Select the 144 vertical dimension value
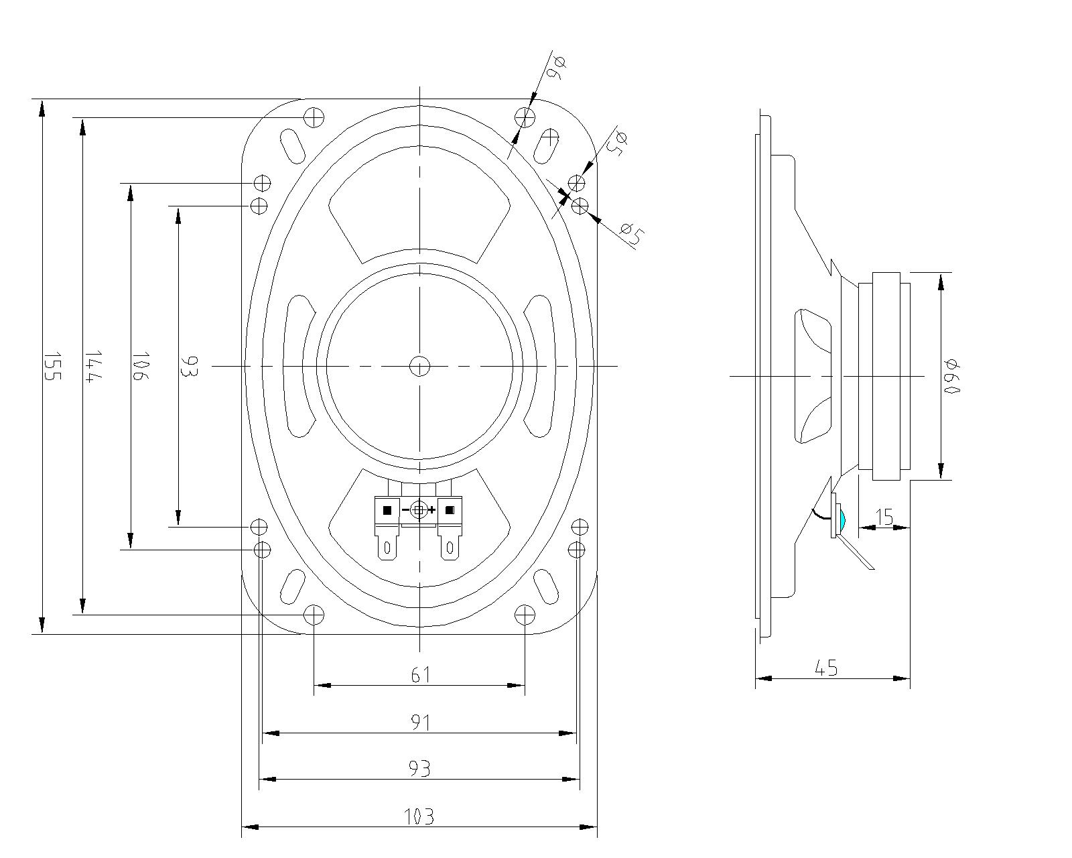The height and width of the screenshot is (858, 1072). pos(92,366)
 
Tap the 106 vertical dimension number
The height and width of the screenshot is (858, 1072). pos(139,366)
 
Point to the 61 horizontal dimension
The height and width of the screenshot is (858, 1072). pos(420,674)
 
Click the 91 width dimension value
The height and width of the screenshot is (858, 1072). pos(420,723)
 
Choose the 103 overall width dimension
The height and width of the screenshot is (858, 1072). pos(419,816)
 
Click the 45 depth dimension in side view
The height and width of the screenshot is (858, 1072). pos(826,668)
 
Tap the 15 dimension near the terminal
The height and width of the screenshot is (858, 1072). pos(884,517)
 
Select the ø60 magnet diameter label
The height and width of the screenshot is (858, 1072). pos(952,376)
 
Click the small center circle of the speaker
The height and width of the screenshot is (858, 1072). pos(419,366)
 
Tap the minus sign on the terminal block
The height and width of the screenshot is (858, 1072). pos(405,511)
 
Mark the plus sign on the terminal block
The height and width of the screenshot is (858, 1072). pos(432,511)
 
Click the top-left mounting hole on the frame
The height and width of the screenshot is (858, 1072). pos(314,117)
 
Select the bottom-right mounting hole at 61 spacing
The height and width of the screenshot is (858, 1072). pos(525,614)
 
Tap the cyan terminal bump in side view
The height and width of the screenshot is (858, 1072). pos(841,518)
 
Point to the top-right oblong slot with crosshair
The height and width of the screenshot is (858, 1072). pos(548,143)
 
